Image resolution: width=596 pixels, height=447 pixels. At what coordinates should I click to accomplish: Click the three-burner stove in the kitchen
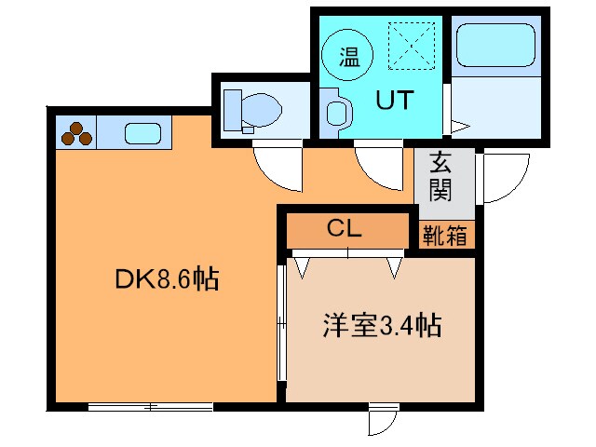76,134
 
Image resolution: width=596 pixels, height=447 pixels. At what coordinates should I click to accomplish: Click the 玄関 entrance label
440,177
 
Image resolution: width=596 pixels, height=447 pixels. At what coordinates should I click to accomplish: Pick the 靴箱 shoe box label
445,235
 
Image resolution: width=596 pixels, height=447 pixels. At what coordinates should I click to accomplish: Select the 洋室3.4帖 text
382,326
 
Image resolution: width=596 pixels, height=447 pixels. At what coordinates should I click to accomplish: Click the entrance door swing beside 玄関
503,177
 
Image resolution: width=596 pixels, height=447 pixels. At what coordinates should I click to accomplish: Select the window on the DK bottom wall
151,406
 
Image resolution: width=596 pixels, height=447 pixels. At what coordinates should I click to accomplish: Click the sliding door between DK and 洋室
281,321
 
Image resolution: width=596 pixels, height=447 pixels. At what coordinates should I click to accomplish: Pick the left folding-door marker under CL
303,267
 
